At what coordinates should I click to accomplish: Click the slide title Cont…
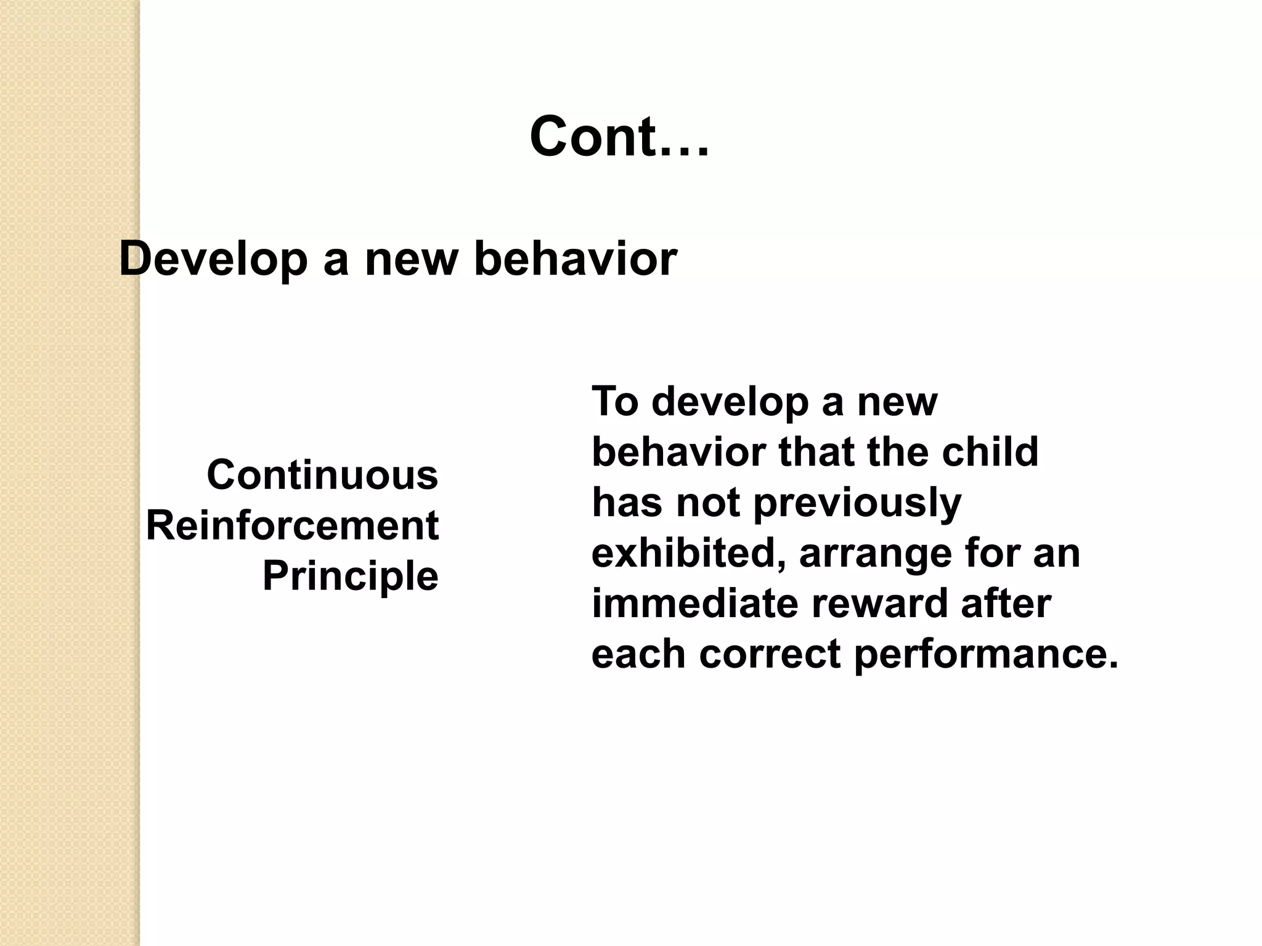(619, 137)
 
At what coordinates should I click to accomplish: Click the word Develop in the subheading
(213, 259)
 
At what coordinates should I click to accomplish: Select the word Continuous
(322, 475)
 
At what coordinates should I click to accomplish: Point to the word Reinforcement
(292, 525)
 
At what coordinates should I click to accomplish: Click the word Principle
(350, 576)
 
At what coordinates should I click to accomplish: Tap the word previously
(857, 503)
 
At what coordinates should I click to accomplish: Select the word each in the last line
(638, 653)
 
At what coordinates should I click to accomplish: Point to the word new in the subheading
(412, 259)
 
